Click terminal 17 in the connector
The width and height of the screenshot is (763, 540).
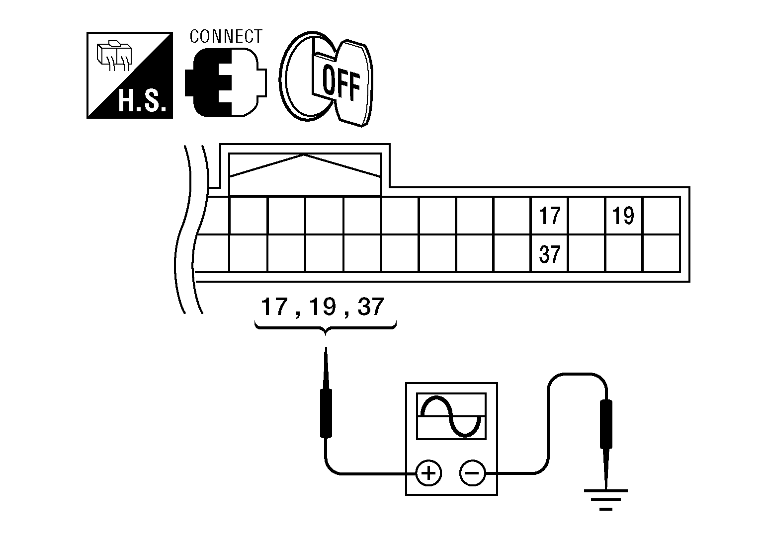pyautogui.click(x=549, y=216)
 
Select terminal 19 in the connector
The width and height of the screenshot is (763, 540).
pyautogui.click(x=623, y=216)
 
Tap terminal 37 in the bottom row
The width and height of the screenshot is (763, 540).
pyautogui.click(x=549, y=254)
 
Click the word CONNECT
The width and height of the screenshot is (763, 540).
pyautogui.click(x=226, y=37)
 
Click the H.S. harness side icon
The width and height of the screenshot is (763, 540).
pyautogui.click(x=130, y=76)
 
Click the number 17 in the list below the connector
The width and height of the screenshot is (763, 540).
pyautogui.click(x=274, y=308)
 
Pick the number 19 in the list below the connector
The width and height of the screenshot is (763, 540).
pyautogui.click(x=322, y=308)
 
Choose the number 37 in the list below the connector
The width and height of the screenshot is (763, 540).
pyautogui.click(x=370, y=308)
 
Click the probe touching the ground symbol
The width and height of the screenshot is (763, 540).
pyautogui.click(x=606, y=427)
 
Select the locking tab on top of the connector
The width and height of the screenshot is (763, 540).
pyautogui.click(x=305, y=171)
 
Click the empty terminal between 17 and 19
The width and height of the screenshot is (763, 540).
pyautogui.click(x=587, y=216)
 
